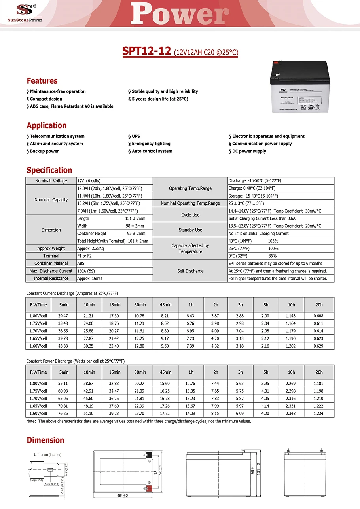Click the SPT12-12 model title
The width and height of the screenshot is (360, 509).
pos(146,51)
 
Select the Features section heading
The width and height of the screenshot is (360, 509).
pos(42,81)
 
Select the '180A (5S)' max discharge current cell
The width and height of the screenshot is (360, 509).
pos(87,271)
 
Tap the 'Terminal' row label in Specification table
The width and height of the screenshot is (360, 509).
pos(51,256)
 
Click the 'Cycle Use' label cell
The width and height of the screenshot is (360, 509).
pos(190,215)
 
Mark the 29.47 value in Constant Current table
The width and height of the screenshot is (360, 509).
pos(63,316)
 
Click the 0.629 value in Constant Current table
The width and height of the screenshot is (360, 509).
pos(319,346)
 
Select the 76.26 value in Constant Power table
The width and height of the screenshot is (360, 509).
pos(63,414)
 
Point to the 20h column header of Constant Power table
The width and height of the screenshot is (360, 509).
pos(319,372)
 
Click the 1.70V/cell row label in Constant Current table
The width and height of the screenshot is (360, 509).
pos(38,331)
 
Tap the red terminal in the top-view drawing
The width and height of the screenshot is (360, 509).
pos(149,488)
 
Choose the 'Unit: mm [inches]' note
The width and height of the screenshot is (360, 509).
pos(47,454)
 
